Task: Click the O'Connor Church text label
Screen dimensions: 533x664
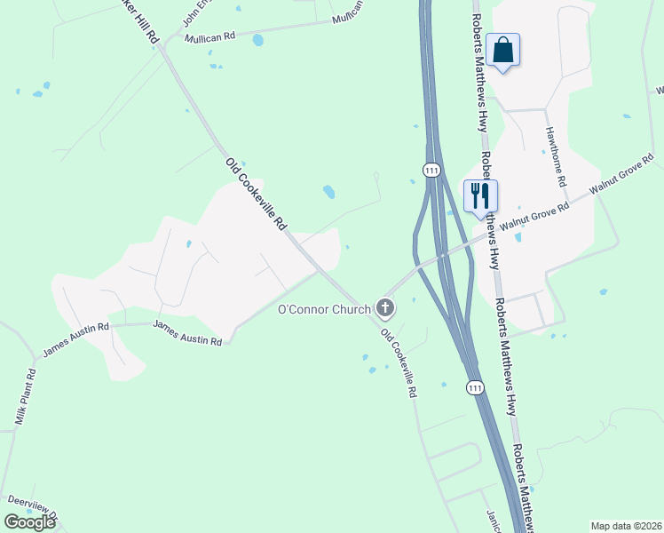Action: tap(323, 309)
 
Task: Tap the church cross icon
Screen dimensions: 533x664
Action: tap(385, 308)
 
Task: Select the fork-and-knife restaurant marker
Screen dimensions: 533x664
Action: tap(480, 196)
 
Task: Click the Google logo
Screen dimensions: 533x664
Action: tap(29, 522)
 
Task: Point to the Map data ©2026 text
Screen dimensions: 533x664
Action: tap(625, 526)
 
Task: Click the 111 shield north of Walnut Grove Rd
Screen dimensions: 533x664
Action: tap(432, 170)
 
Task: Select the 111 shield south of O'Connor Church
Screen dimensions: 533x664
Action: tap(475, 388)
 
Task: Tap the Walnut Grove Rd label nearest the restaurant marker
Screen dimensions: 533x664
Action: tap(533, 215)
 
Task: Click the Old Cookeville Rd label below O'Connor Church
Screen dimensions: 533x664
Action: tap(399, 362)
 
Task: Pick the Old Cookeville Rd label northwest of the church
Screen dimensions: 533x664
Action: tap(257, 194)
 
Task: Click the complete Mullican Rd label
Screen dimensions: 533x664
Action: tap(209, 37)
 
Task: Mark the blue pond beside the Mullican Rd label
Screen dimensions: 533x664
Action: tap(257, 40)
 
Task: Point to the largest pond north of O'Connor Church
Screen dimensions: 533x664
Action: tap(329, 191)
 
